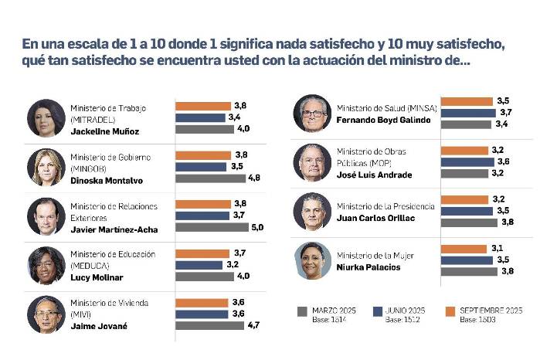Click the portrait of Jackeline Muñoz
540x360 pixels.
pyautogui.click(x=46, y=118)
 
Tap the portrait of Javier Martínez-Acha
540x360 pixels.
pyautogui.click(x=46, y=216)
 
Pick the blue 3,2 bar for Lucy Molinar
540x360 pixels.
pyautogui.click(x=197, y=265)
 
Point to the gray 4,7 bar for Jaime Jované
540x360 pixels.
pyautogui.click(x=209, y=325)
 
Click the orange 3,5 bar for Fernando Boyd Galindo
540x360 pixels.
pyautogui.click(x=467, y=101)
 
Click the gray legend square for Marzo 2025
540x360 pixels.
pyautogui.click(x=302, y=311)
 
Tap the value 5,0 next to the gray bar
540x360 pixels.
pyautogui.click(x=257, y=227)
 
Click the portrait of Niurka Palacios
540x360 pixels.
pyautogui.click(x=312, y=260)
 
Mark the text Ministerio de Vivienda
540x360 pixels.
pyautogui.click(x=109, y=303)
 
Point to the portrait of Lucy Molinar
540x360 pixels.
pyautogui.click(x=46, y=265)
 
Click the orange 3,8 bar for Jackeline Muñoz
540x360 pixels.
pyautogui.click(x=203, y=106)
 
